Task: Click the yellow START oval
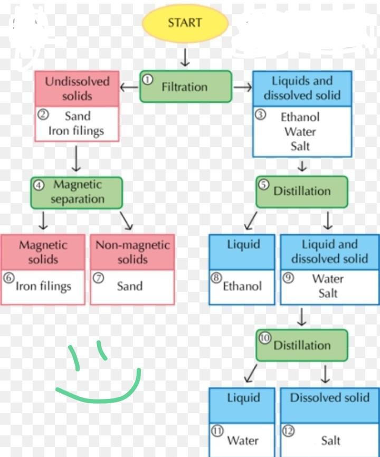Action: click(185, 23)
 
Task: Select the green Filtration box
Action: click(185, 87)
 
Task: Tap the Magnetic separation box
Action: click(77, 192)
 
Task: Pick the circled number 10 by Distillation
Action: click(265, 338)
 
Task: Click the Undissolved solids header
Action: click(77, 89)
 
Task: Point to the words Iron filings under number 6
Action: click(43, 287)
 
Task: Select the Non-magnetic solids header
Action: click(132, 252)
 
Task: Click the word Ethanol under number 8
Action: click(242, 287)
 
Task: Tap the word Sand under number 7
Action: click(130, 287)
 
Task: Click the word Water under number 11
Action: click(243, 440)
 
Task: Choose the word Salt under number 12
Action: click(331, 440)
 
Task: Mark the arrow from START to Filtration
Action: click(185, 57)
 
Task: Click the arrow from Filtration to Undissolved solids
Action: click(129, 87)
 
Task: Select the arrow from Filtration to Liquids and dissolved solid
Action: click(242, 87)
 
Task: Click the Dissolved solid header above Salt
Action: click(330, 398)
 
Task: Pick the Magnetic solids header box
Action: click(43, 252)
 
